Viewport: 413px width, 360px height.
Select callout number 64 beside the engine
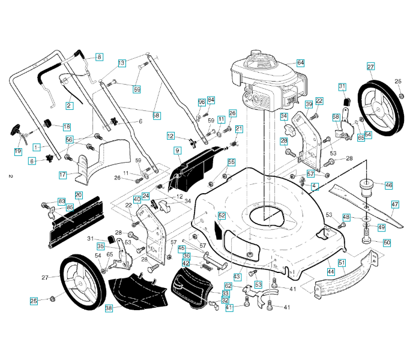point(300,63)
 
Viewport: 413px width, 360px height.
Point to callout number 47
point(395,204)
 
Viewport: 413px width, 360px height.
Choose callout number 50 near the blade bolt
point(387,242)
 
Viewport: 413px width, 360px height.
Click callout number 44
point(330,272)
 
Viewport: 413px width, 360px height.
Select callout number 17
point(62,175)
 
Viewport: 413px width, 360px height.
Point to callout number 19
point(18,152)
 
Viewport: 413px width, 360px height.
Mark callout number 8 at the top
point(99,57)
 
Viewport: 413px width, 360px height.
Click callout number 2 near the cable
point(68,106)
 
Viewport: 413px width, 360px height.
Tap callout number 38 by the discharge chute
point(109,308)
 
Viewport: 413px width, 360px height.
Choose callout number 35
point(101,246)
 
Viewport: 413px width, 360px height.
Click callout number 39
point(309,104)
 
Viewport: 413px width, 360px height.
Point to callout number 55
point(231,162)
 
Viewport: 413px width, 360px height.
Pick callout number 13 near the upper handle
point(121,62)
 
